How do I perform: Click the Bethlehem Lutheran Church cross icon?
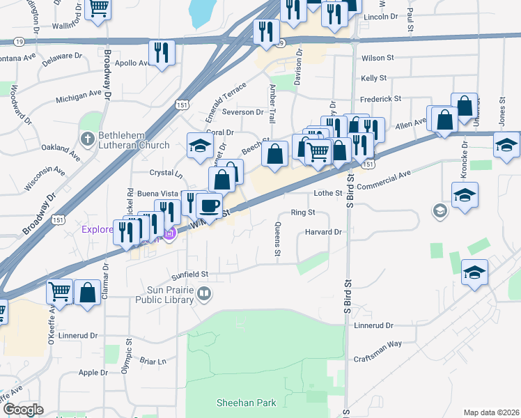click(87, 139)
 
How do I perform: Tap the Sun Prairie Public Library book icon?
click(204, 294)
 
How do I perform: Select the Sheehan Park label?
click(246, 403)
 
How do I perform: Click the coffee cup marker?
click(209, 206)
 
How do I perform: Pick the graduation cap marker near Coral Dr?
click(200, 146)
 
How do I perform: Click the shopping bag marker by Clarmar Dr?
click(87, 293)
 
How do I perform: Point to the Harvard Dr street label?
click(325, 232)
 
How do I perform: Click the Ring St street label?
click(303, 212)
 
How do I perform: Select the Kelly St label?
click(373, 79)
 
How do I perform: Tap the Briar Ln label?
click(153, 362)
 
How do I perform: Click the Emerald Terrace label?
click(224, 97)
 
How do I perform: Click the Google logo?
click(23, 410)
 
